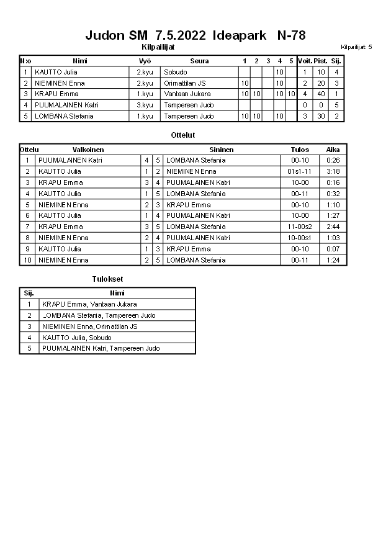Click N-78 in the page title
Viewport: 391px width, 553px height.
click(x=291, y=35)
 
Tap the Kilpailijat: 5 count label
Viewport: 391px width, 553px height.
click(x=356, y=47)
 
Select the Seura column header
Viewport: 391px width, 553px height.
click(x=199, y=61)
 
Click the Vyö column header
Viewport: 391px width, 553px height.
click(x=145, y=61)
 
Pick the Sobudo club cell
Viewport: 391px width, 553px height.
click(x=176, y=72)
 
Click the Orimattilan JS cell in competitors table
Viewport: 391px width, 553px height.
click(x=185, y=83)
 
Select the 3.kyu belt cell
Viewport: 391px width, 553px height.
click(x=145, y=105)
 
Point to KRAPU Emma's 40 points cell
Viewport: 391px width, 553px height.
click(x=321, y=94)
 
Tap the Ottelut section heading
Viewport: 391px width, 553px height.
click(x=183, y=135)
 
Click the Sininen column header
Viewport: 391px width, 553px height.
click(x=222, y=150)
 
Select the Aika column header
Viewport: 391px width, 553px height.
click(x=333, y=150)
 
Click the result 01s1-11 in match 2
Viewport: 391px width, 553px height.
click(x=300, y=171)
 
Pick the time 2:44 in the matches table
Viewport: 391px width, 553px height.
click(x=333, y=227)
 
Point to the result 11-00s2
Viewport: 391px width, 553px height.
click(x=300, y=227)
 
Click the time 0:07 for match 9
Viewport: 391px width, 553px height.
click(x=333, y=249)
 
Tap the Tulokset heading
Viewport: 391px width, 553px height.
click(x=107, y=279)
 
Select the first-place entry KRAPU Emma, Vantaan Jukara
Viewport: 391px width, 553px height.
click(x=89, y=304)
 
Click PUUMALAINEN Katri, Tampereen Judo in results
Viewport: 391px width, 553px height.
click(x=101, y=348)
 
